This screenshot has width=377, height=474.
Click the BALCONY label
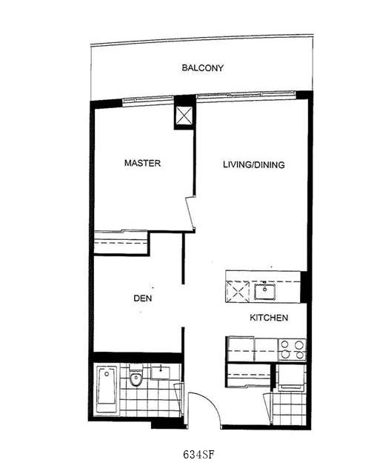pyautogui.click(x=202, y=67)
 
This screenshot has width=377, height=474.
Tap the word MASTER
pyautogui.click(x=142, y=163)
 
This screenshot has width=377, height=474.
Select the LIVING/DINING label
pyautogui.click(x=253, y=164)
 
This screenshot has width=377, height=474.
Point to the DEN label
pyautogui.click(x=143, y=298)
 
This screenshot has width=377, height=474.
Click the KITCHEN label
pyautogui.click(x=269, y=318)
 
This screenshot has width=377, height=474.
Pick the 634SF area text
pyautogui.click(x=198, y=454)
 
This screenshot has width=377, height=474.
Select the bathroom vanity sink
pyautogui.click(x=161, y=373)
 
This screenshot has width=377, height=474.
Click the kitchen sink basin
pyautogui.click(x=264, y=292)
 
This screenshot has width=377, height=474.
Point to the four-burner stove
pyautogui.click(x=292, y=350)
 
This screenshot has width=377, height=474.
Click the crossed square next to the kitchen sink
pyautogui.click(x=238, y=292)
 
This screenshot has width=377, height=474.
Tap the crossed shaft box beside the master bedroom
pyautogui.click(x=184, y=116)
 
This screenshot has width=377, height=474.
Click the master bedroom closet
pyautogui.click(x=121, y=243)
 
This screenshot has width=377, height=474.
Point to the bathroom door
pyautogui.click(x=179, y=400)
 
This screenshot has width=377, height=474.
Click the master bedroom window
pyautogui.click(x=148, y=101)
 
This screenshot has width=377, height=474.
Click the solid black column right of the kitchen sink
pyautogui.click(x=304, y=287)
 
